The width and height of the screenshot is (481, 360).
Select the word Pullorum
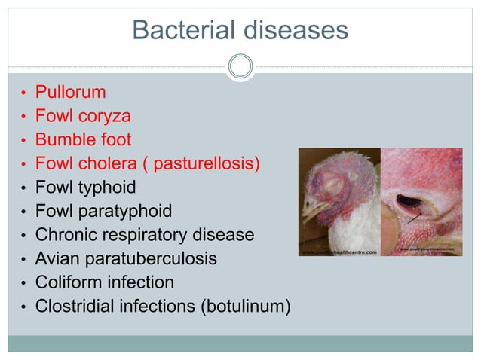pyautogui.click(x=71, y=93)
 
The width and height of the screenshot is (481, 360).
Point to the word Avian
pyautogui.click(x=56, y=258)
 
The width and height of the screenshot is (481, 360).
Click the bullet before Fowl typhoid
pyautogui.click(x=24, y=188)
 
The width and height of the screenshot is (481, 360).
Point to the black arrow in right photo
pyautogui.click(x=412, y=218)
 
